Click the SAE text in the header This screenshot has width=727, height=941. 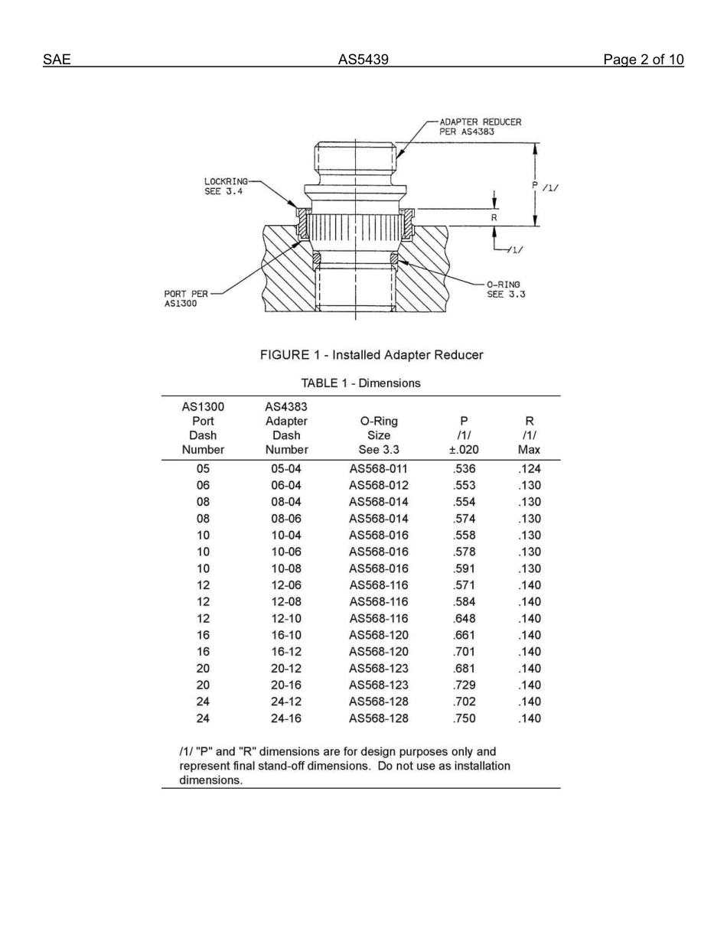pyautogui.click(x=57, y=60)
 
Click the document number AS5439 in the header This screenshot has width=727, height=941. pyautogui.click(x=363, y=60)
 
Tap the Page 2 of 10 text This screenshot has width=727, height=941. pyautogui.click(x=643, y=60)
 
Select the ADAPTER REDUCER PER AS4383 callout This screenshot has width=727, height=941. pyautogui.click(x=480, y=126)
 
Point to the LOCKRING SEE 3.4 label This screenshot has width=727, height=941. pyautogui.click(x=226, y=186)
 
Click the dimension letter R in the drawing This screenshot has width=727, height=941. pyautogui.click(x=494, y=217)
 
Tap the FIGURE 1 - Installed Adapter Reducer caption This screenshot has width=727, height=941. pyautogui.click(x=371, y=355)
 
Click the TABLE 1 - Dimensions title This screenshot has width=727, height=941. pyautogui.click(x=360, y=383)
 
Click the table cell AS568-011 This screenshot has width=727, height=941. pyautogui.click(x=379, y=469)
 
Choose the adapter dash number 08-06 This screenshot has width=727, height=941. pyautogui.click(x=286, y=519)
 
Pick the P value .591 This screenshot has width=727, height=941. pyautogui.click(x=464, y=568)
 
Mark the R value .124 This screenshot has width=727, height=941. pyautogui.click(x=529, y=469)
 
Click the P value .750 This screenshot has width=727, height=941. pyautogui.click(x=464, y=718)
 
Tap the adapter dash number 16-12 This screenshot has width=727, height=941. pyautogui.click(x=286, y=652)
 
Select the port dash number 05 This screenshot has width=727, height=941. pyautogui.click(x=203, y=469)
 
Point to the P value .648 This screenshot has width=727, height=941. pyautogui.click(x=464, y=618)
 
